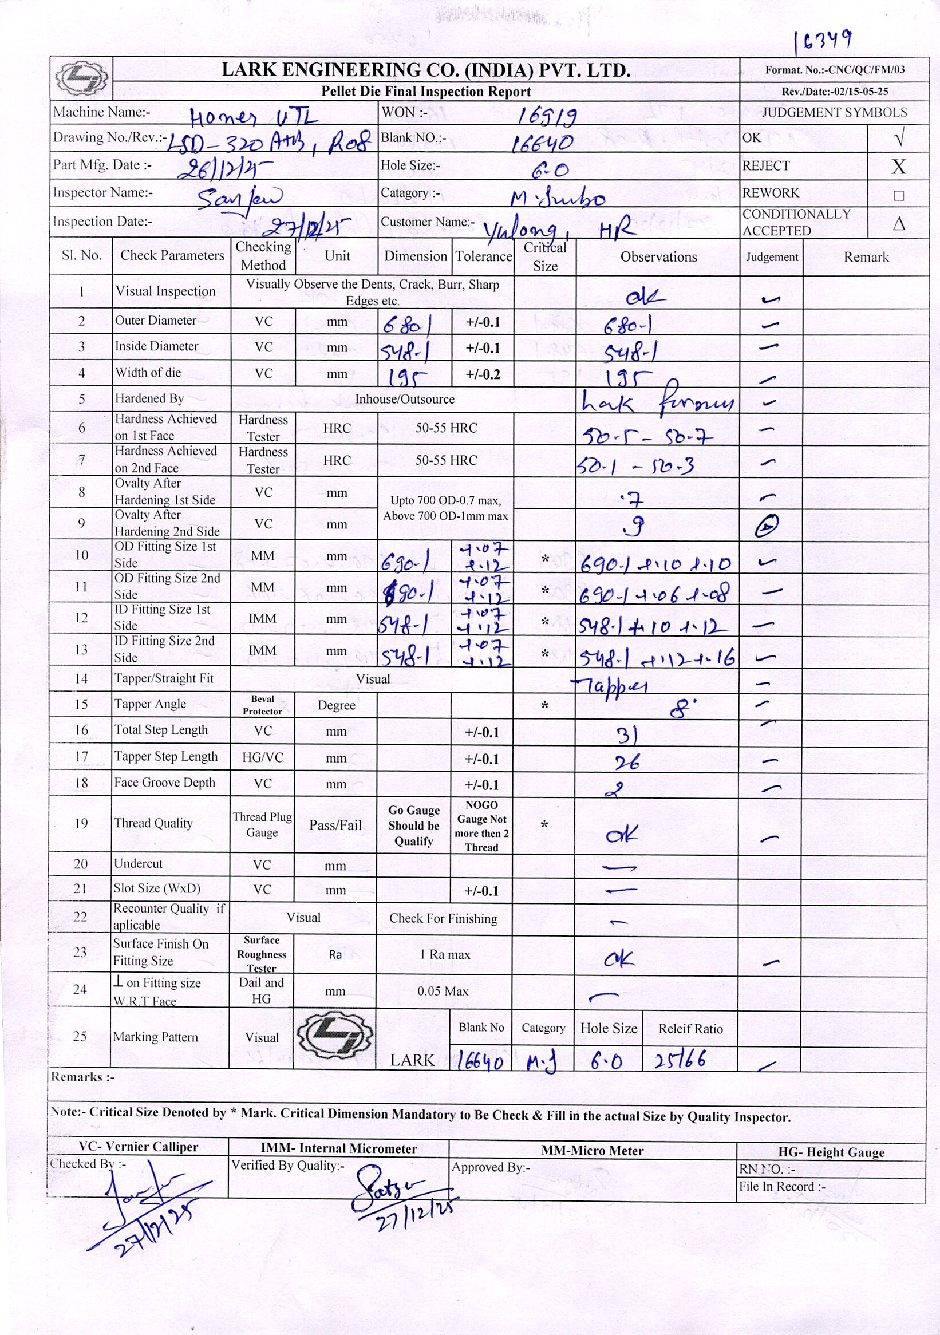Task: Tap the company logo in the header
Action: (x=81, y=78)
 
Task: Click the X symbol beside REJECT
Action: (x=898, y=167)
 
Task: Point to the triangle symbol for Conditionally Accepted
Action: (x=899, y=223)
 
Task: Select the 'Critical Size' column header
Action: (x=544, y=256)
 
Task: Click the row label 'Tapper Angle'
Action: (x=151, y=704)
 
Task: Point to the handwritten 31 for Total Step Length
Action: (x=627, y=736)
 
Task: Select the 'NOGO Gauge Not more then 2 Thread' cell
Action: (x=481, y=826)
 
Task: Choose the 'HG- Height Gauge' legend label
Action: (x=831, y=1152)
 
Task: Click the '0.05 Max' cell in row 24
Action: (x=443, y=991)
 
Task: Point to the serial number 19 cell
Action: (x=81, y=823)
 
